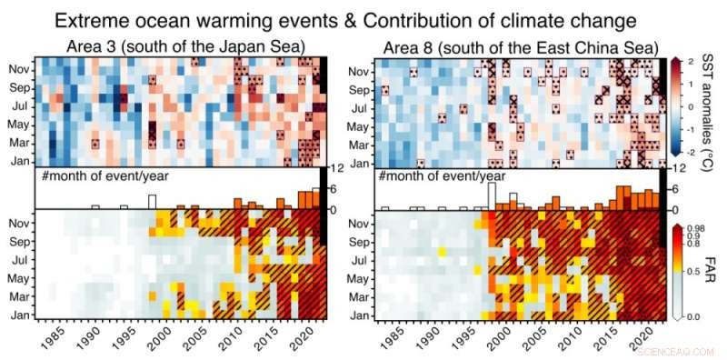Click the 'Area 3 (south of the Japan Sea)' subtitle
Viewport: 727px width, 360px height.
(184, 46)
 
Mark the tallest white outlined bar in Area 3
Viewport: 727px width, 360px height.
(153, 202)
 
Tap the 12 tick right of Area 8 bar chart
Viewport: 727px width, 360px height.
(677, 170)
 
